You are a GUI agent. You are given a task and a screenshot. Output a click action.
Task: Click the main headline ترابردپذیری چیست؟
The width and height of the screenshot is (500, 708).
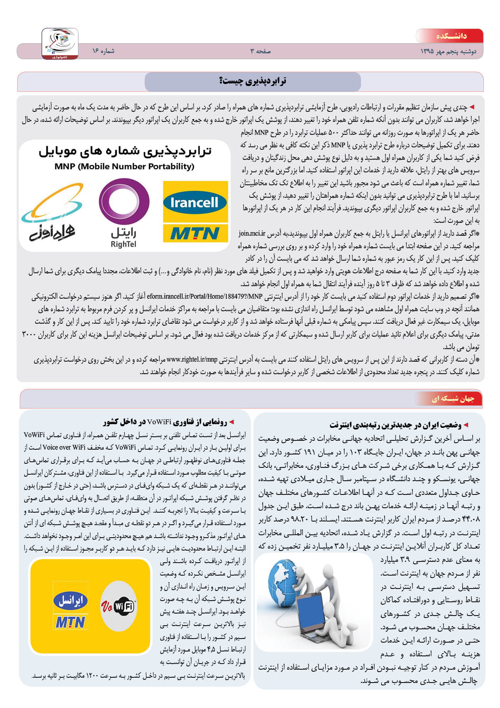[253, 81]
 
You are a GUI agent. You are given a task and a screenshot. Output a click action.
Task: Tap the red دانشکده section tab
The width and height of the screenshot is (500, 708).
[450, 36]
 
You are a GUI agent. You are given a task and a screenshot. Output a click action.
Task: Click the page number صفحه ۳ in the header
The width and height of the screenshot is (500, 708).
[260, 51]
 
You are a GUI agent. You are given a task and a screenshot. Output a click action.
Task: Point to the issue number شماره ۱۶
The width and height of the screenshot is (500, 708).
[103, 51]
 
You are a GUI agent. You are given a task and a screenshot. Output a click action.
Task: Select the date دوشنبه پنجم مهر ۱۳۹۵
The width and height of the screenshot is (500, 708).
[448, 52]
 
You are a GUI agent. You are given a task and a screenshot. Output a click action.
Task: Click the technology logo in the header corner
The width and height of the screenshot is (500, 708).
[60, 44]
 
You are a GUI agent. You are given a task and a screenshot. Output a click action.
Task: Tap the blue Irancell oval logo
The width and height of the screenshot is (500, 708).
[195, 202]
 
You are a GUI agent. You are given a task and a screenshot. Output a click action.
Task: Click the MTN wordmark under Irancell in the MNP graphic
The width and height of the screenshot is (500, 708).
[195, 233]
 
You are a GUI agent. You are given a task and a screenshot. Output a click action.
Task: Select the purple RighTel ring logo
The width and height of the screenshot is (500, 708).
[124, 201]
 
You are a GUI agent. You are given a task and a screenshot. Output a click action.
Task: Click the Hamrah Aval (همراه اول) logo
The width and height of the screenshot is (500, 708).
[52, 214]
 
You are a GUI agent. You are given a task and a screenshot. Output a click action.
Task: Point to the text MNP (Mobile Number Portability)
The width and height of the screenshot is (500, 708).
[124, 166]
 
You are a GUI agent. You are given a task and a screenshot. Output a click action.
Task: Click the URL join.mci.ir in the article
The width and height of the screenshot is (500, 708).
[252, 233]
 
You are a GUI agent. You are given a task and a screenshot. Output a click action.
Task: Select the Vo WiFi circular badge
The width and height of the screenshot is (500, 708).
[119, 606]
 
